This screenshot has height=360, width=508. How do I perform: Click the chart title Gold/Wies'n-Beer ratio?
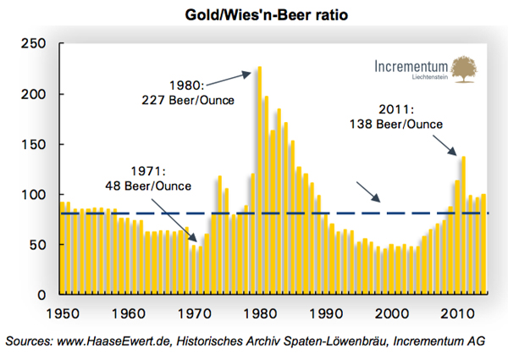click(253, 15)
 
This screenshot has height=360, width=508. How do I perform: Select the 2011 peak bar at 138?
click(463, 225)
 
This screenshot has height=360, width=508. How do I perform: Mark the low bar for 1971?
click(200, 271)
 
